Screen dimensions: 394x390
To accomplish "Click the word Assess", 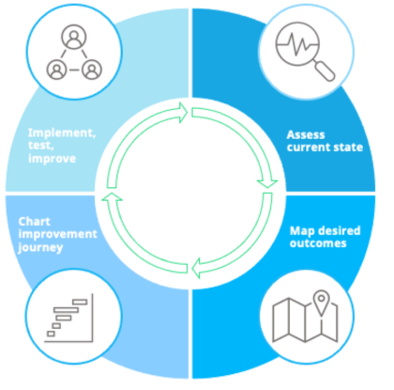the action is tap(306, 134).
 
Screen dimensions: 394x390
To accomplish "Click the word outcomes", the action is tap(318, 243).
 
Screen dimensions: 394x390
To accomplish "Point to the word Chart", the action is tap(35, 222).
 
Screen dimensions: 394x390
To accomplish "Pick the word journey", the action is tap(40, 248).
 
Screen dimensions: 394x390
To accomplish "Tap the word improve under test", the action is tap(52, 159).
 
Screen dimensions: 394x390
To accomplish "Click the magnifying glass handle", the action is tap(325, 71).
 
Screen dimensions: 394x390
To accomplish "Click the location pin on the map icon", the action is tap(321, 303).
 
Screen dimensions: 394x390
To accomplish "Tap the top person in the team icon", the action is tap(74, 37).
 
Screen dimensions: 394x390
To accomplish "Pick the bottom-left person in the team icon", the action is tap(56, 70).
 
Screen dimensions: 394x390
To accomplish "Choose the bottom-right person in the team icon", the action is tap(92, 70).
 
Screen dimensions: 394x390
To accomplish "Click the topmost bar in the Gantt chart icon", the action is tap(80, 302).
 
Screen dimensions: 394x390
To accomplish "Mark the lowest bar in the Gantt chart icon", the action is tap(51, 334).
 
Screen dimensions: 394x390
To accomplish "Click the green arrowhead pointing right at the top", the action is tap(183, 112).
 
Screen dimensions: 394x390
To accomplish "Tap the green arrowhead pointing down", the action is tap(267, 184).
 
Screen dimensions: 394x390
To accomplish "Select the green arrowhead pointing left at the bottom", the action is tap(195, 268).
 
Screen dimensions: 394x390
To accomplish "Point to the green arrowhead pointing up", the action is tap(112, 196).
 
